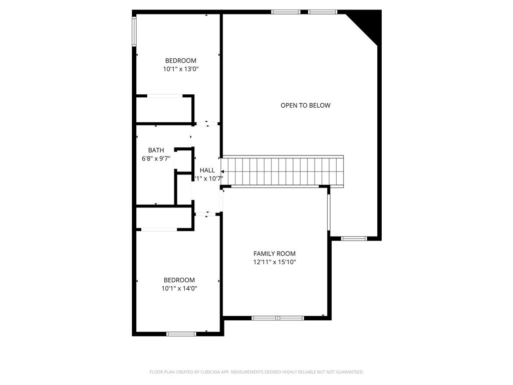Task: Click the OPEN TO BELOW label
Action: (x=305, y=105)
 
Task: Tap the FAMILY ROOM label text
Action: (x=275, y=254)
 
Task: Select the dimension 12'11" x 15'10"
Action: (x=275, y=262)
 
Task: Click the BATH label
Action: (x=156, y=150)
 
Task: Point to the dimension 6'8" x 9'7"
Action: (x=156, y=159)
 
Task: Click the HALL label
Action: (x=207, y=170)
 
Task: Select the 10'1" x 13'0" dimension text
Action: (x=181, y=69)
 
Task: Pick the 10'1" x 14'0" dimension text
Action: (x=179, y=288)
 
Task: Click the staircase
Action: (x=283, y=171)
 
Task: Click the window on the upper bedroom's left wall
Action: (x=134, y=32)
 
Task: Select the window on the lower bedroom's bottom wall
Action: (x=181, y=333)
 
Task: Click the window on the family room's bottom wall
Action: (x=278, y=318)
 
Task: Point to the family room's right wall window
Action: (x=329, y=212)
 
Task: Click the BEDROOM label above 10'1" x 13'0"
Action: (x=181, y=61)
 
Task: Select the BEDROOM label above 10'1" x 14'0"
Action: (x=179, y=280)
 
